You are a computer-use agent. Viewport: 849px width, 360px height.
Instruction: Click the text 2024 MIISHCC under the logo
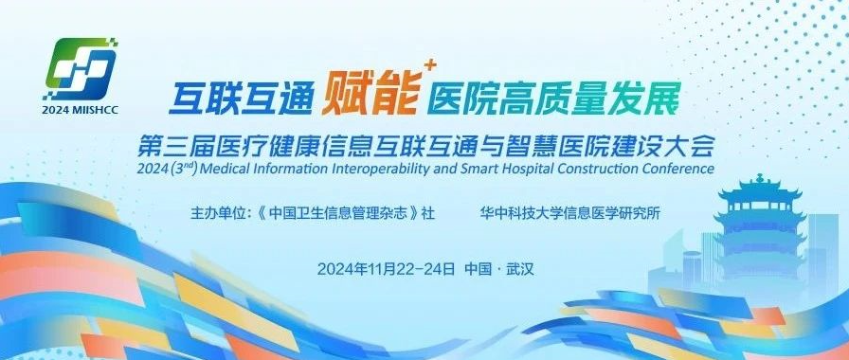[84, 110]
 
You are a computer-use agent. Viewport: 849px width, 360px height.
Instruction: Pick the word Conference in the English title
[674, 169]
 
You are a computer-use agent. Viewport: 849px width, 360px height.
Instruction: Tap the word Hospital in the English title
[515, 169]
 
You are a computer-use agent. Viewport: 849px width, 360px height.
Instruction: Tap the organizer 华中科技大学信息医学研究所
[570, 212]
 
